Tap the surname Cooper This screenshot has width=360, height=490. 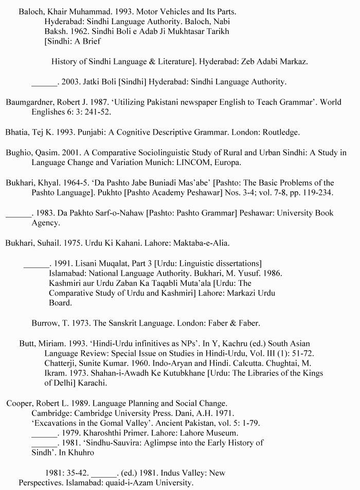(20, 403)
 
